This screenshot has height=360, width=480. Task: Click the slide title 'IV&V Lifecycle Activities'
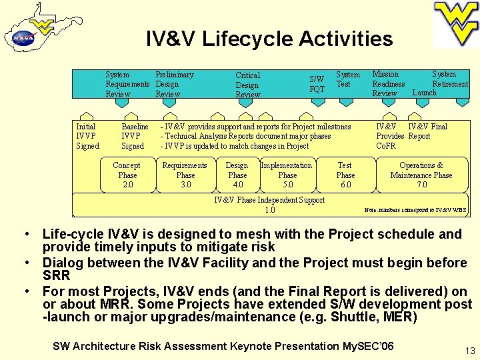pyautogui.click(x=269, y=39)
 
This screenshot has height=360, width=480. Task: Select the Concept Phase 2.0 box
pyautogui.click(x=127, y=175)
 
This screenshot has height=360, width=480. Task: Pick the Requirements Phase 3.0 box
pyautogui.click(x=185, y=175)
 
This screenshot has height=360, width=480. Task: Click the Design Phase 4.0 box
pyautogui.click(x=237, y=175)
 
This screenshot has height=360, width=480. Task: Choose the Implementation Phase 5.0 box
pyautogui.click(x=287, y=175)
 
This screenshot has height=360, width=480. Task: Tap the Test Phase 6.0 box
pyautogui.click(x=345, y=175)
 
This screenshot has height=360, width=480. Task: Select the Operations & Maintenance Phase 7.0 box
pyautogui.click(x=421, y=175)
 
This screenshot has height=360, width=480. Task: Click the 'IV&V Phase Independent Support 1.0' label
pyautogui.click(x=269, y=205)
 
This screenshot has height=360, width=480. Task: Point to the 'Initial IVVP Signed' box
pyautogui.click(x=87, y=136)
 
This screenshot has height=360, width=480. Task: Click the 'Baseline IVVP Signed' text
pyautogui.click(x=134, y=136)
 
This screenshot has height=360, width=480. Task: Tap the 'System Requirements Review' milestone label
pyautogui.click(x=127, y=84)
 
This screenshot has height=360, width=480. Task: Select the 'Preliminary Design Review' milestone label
pyautogui.click(x=174, y=84)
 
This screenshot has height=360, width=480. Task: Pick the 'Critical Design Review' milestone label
pyautogui.click(x=247, y=85)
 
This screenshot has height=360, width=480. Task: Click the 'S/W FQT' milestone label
pyautogui.click(x=317, y=84)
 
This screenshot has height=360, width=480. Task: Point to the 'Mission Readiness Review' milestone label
pyautogui.click(x=388, y=83)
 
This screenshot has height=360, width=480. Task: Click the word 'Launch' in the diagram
pyautogui.click(x=424, y=93)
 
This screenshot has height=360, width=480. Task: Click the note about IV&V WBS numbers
pyautogui.click(x=416, y=210)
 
